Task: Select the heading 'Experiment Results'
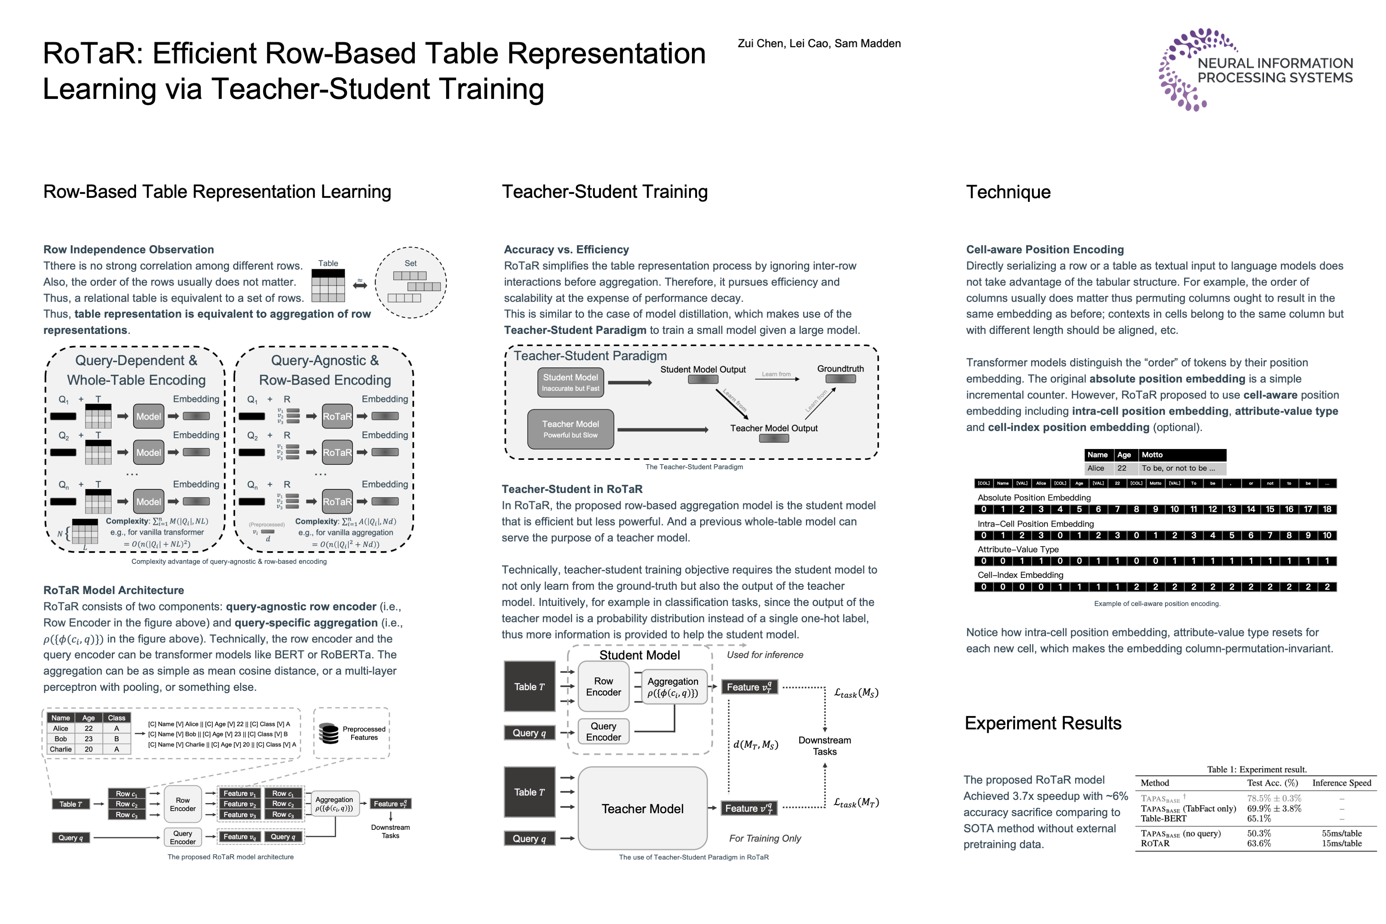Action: point(1042,723)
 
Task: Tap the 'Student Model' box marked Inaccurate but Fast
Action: point(570,382)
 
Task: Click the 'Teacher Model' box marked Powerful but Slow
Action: point(570,429)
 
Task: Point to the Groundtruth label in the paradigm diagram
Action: point(840,369)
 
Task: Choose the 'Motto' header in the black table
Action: point(1152,455)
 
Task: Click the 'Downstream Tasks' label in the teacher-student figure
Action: point(824,745)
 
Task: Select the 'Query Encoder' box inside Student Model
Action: point(603,731)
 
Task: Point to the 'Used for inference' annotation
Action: point(764,655)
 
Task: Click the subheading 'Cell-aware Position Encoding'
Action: point(1045,249)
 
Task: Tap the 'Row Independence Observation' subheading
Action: point(128,249)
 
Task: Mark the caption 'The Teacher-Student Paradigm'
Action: point(694,467)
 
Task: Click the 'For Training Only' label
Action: point(765,838)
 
